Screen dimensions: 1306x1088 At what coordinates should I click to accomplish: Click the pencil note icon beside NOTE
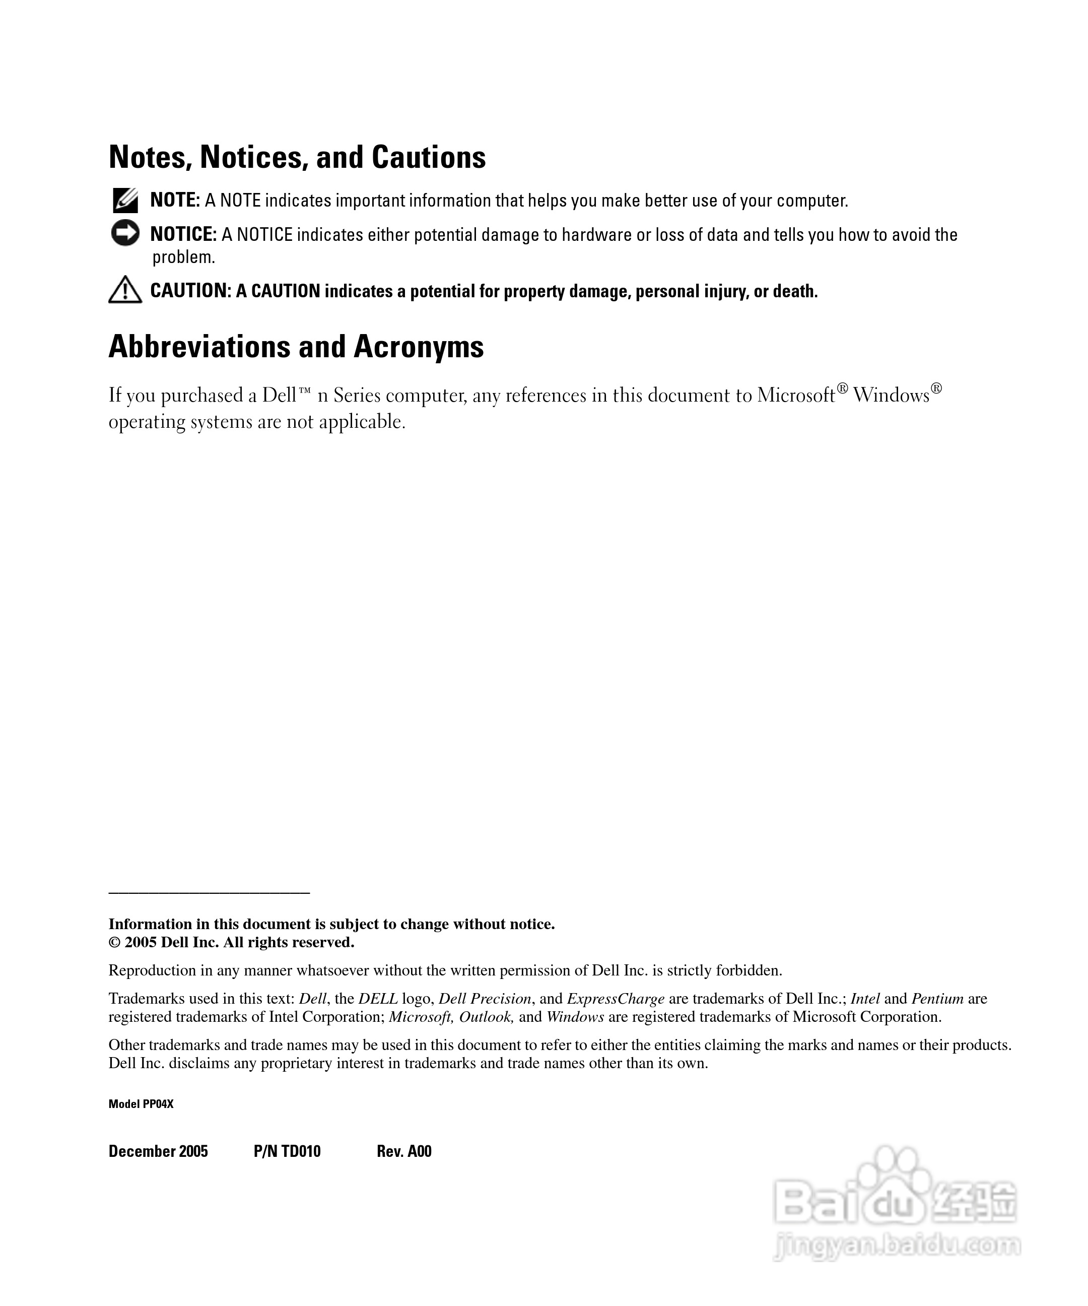pyautogui.click(x=125, y=200)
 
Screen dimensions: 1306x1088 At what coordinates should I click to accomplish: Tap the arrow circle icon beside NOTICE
pyautogui.click(x=125, y=233)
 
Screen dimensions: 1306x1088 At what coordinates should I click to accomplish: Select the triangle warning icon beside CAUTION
pyautogui.click(x=125, y=290)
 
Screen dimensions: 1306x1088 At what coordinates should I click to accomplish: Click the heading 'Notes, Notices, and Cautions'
pyautogui.click(x=297, y=157)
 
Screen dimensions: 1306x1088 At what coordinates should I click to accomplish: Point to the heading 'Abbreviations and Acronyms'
pyautogui.click(x=296, y=346)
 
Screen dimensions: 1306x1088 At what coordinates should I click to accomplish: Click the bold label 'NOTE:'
pyautogui.click(x=175, y=200)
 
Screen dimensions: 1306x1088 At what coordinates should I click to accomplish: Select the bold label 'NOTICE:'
pyautogui.click(x=183, y=234)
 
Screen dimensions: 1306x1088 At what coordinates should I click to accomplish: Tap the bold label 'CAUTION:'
pyautogui.click(x=191, y=290)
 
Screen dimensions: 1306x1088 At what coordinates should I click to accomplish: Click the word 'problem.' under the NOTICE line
pyautogui.click(x=183, y=257)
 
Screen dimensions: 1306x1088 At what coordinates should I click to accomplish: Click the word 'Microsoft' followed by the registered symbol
pyautogui.click(x=796, y=396)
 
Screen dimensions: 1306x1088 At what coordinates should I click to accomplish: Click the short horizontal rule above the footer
pyautogui.click(x=209, y=893)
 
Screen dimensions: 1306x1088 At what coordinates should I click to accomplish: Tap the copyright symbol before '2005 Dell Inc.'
pyautogui.click(x=114, y=942)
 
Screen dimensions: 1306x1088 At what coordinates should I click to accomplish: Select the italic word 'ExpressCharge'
pyautogui.click(x=616, y=998)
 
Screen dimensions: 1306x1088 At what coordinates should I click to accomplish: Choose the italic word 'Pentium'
pyautogui.click(x=937, y=998)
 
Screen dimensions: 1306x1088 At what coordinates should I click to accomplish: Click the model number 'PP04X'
pyautogui.click(x=158, y=1104)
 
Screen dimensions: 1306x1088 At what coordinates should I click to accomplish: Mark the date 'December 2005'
pyautogui.click(x=158, y=1151)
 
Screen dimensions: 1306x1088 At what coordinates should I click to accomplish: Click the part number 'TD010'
pyautogui.click(x=301, y=1151)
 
